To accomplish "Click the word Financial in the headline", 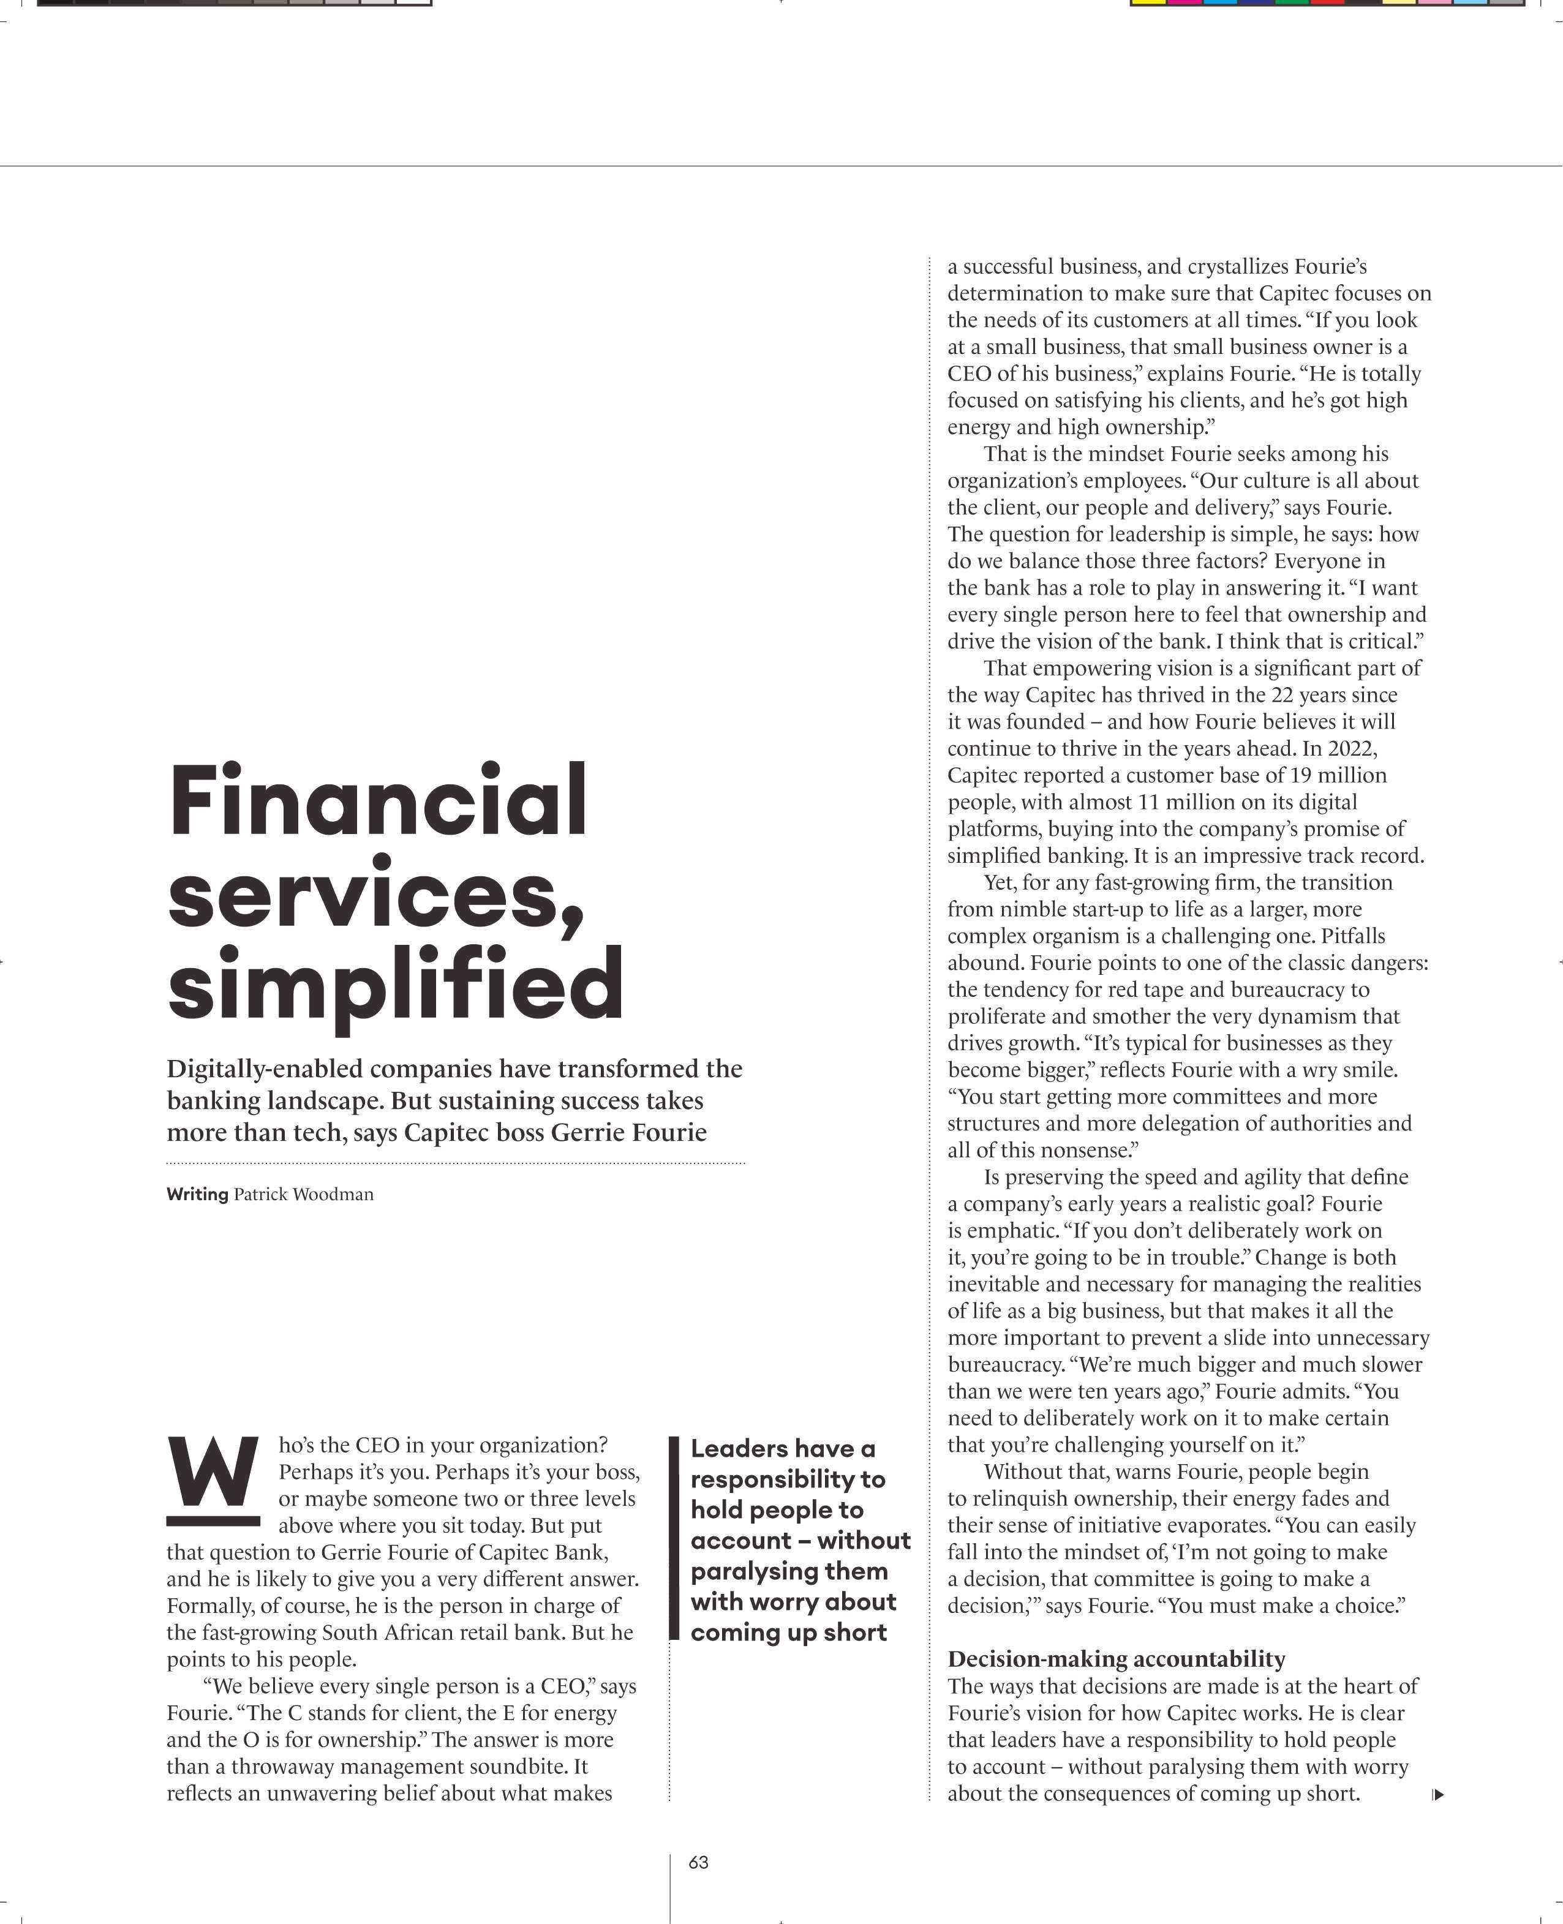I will pos(378,800).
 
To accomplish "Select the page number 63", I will pos(699,1862).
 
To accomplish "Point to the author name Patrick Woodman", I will pos(303,1195).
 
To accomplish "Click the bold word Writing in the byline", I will pos(197,1195).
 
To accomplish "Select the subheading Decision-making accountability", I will pos(1117,1658).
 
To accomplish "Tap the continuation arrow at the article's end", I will pos(1438,1794).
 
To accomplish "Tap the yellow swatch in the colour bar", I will pos(1148,2).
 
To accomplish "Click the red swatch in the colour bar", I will pos(1328,2).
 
